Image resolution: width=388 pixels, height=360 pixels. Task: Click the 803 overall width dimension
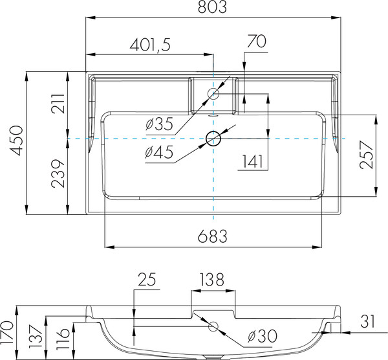pos(212,7)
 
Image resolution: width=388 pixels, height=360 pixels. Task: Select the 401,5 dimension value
pos(150,45)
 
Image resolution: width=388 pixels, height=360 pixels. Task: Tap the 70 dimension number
pos(257,41)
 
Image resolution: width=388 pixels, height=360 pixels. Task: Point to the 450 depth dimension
pos(17,141)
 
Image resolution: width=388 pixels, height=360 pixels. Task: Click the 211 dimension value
pos(58,104)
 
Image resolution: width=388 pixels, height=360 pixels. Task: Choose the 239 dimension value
pos(58,174)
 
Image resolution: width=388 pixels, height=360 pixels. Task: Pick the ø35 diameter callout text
pos(159,124)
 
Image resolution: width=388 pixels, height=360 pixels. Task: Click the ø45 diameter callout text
pos(159,152)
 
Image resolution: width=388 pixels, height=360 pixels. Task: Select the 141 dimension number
pos(252,161)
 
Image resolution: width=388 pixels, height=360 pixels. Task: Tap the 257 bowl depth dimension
pos(367,155)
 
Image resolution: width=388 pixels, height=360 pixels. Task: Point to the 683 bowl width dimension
pos(212,236)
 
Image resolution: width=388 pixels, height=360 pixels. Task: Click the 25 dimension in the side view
pos(147,279)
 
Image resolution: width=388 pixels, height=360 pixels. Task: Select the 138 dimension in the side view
pos(211,280)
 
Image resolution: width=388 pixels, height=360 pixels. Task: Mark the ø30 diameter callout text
pos(263,336)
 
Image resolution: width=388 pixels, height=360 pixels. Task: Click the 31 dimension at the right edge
pos(367,321)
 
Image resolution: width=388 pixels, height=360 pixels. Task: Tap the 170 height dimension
pos(6,333)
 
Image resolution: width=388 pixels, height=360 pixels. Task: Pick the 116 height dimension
pos(63,339)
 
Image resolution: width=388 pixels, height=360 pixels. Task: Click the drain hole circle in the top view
pos(213,139)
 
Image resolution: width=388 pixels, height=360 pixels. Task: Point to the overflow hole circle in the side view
pos(213,326)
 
